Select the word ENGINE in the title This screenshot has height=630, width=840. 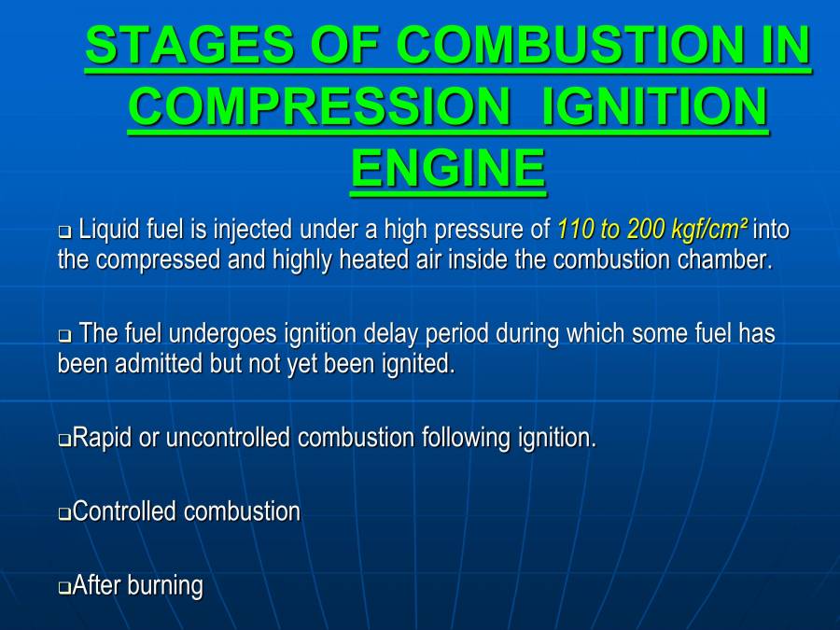click(448, 168)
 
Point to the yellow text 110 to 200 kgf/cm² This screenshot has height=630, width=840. click(652, 229)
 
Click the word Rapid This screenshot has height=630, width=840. click(102, 438)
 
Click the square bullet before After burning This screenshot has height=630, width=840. click(64, 588)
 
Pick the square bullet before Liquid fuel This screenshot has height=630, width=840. click(64, 231)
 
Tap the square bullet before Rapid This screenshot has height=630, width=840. click(64, 440)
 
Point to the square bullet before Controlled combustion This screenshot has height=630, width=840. click(64, 513)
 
